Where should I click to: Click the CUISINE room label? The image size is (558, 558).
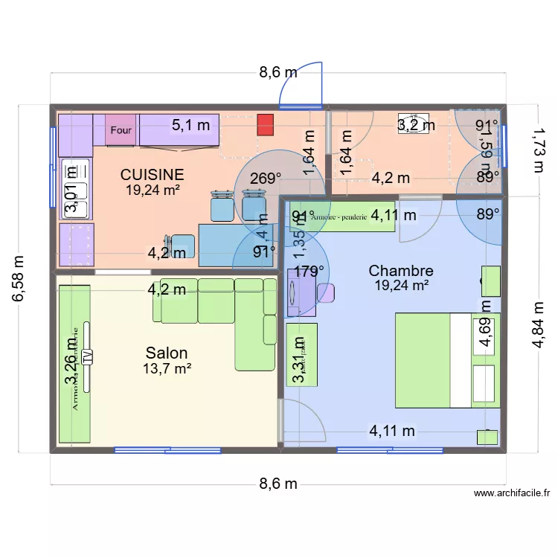[x=153, y=174]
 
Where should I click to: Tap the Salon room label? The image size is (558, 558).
[x=167, y=353]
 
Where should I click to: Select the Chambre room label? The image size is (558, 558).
[x=401, y=271]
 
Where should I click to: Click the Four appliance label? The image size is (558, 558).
[x=121, y=130]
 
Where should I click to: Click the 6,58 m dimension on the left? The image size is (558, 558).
[x=19, y=279]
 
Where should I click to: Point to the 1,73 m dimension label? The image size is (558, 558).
[x=537, y=149]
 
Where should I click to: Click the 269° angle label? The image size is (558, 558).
[x=266, y=179]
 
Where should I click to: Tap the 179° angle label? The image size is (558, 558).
[x=309, y=272]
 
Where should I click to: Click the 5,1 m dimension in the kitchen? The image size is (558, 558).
[x=190, y=125]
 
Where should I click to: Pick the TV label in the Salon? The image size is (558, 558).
[x=87, y=356]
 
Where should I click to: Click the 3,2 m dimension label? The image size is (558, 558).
[x=416, y=125]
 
